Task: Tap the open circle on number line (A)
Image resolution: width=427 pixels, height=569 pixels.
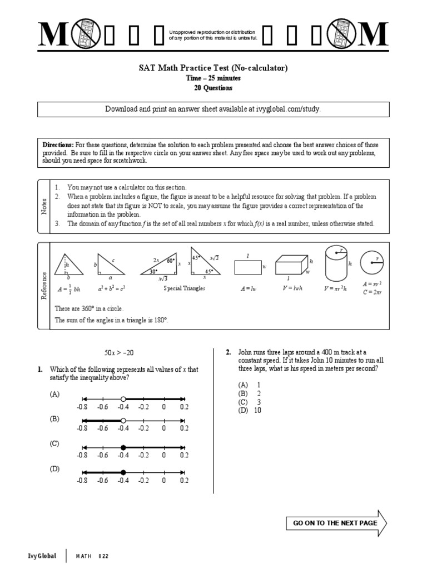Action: (123, 398)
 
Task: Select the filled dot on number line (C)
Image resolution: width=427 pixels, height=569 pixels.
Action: (123, 447)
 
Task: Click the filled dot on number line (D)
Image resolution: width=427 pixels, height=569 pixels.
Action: (123, 472)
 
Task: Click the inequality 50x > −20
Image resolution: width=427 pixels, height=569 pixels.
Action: (119, 353)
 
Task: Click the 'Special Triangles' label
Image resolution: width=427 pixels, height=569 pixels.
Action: (184, 288)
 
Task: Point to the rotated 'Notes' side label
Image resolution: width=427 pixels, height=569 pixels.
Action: (44, 207)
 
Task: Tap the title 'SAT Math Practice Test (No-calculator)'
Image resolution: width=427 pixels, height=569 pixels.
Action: (213, 68)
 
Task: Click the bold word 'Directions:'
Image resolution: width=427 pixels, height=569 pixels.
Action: (57, 144)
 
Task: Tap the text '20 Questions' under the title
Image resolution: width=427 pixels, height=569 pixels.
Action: (213, 88)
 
